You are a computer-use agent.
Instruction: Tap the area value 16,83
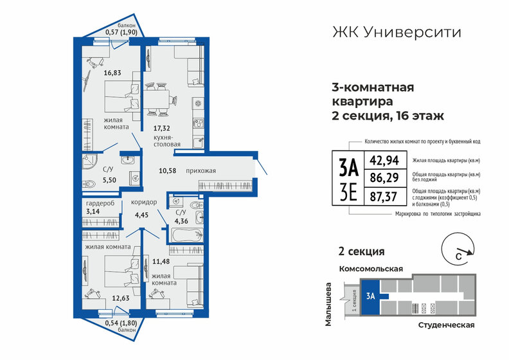coord(113,73)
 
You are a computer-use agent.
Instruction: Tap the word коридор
coord(145,202)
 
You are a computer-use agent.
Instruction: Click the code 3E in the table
coord(347,192)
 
